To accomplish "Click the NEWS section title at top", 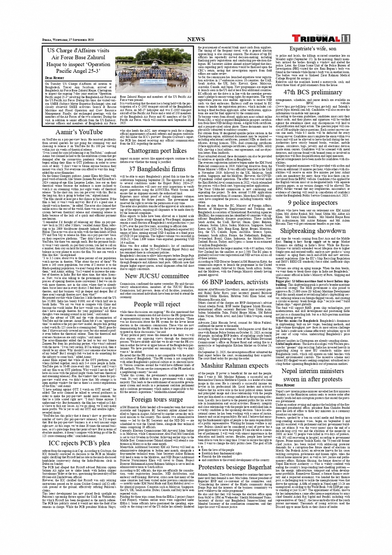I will click(x=196, y=39).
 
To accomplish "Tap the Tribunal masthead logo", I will click(x=319, y=38).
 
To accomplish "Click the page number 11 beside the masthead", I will click(x=346, y=38).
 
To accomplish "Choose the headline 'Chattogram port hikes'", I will click(x=151, y=150).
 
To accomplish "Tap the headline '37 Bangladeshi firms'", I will click(x=151, y=169).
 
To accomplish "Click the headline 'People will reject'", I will click(x=151, y=304).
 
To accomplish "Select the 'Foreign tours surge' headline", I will click(x=151, y=400).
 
